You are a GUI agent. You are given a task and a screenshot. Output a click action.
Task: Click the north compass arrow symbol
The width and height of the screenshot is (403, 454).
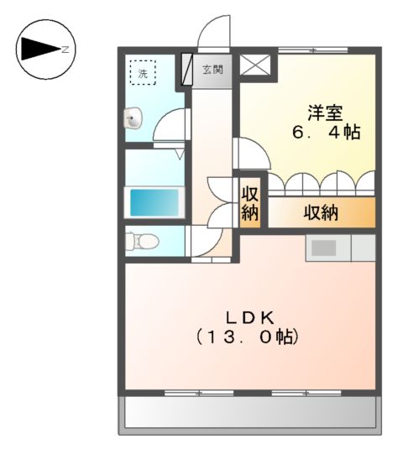click(x=39, y=50)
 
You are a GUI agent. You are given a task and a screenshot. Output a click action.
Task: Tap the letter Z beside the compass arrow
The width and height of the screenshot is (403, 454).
click(x=65, y=50)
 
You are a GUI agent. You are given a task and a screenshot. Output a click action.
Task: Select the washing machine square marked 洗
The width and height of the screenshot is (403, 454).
click(x=142, y=73)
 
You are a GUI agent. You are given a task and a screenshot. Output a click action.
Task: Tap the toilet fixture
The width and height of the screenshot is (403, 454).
click(x=141, y=242)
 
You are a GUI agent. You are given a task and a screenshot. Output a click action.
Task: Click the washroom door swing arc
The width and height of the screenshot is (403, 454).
click(x=169, y=126)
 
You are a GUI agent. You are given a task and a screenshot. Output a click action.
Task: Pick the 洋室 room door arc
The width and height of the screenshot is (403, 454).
click(x=249, y=154)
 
